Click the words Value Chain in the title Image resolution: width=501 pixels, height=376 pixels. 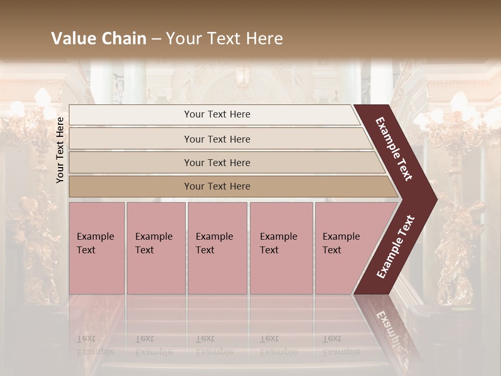[99, 39]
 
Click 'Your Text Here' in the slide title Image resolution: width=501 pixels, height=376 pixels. [224, 39]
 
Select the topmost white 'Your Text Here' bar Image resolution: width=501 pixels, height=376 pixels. [217, 114]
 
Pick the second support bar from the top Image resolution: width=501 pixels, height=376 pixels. [217, 139]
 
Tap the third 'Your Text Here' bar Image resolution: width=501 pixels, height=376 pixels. [217, 162]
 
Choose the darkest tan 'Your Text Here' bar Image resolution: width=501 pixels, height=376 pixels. [217, 186]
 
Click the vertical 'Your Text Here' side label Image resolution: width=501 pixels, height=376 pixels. [60, 150]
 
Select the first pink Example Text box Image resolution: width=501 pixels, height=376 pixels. [97, 248]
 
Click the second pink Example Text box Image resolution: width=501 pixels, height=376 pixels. [156, 248]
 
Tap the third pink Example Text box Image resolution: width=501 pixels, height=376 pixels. [217, 248]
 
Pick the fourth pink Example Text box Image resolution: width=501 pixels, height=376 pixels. [281, 248]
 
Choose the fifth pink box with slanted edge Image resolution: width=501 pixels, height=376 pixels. [344, 248]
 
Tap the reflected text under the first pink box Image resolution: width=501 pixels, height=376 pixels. [95, 345]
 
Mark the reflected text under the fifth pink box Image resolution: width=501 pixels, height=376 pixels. [341, 345]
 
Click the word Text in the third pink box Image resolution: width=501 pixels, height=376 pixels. [205, 250]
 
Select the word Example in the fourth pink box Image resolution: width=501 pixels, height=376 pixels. [278, 237]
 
